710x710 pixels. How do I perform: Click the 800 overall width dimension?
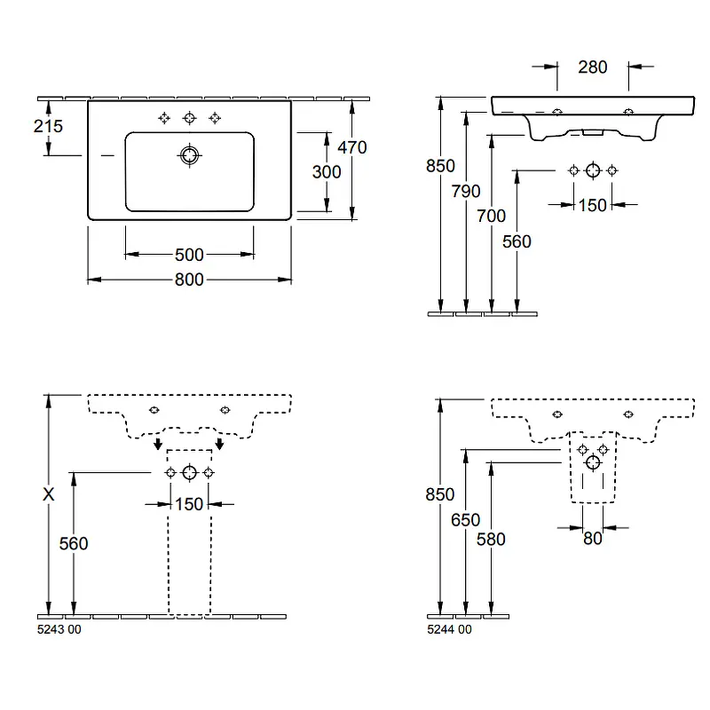coord(189,280)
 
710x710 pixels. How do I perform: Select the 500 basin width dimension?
coord(189,255)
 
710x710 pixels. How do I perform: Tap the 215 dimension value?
coord(48,126)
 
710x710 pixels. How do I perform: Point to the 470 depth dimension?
coord(352,147)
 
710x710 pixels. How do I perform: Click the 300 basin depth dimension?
coord(327,172)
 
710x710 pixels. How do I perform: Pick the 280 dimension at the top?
coord(592,67)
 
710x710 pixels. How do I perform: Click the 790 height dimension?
coord(465,191)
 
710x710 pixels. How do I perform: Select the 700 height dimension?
coord(491,216)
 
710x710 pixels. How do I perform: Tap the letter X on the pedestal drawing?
coord(49,494)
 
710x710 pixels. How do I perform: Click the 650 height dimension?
coord(465,520)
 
